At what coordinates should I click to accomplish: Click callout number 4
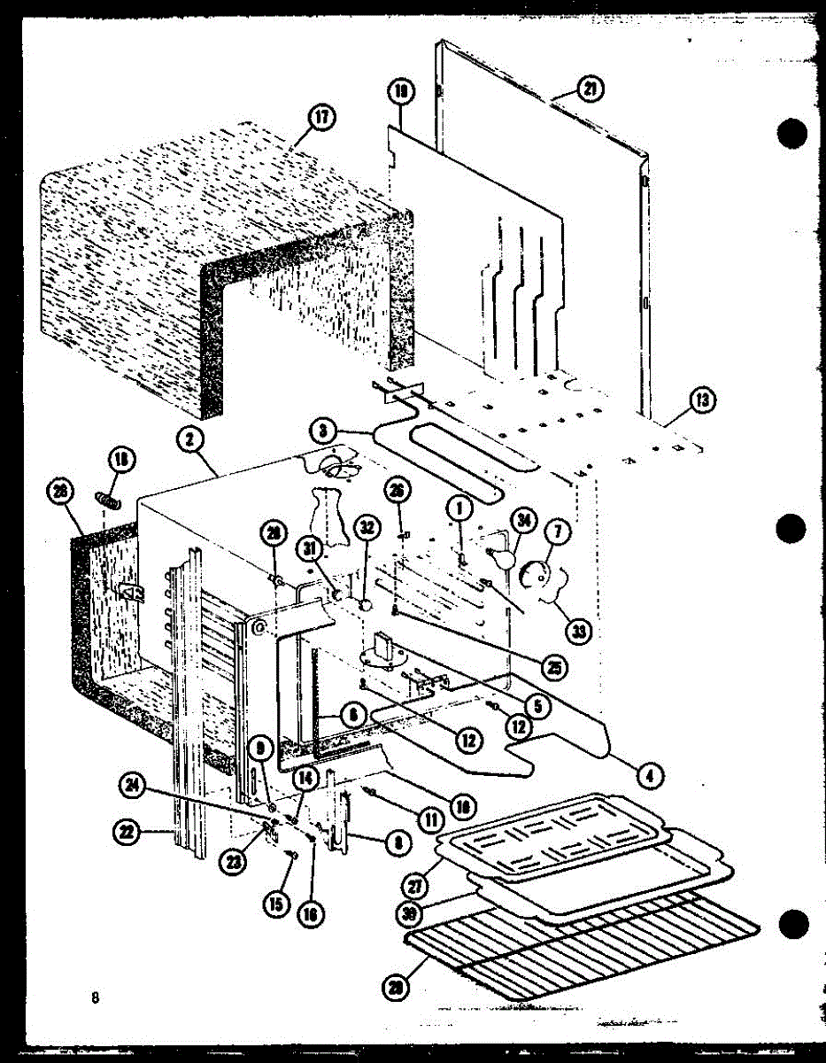(x=649, y=776)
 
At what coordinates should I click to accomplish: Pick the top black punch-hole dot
(x=792, y=133)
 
